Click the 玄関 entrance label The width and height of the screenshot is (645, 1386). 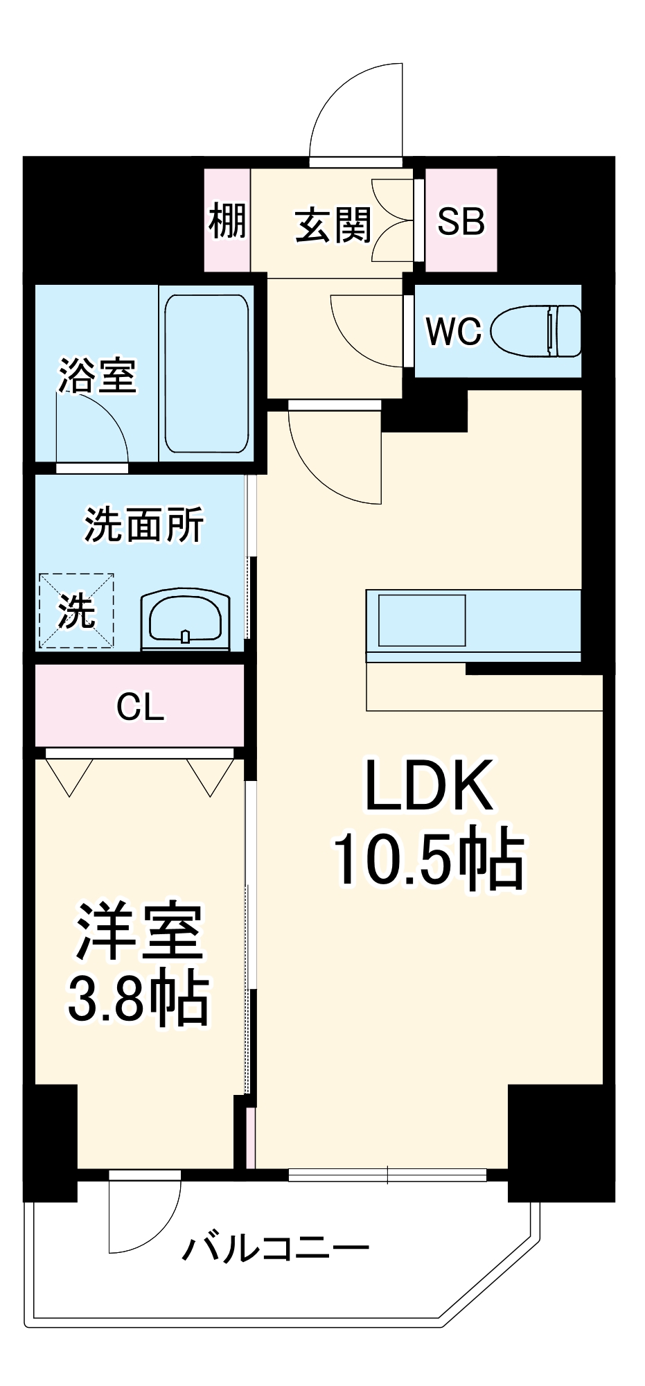pyautogui.click(x=333, y=225)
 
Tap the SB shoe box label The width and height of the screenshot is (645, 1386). pyautogui.click(x=461, y=221)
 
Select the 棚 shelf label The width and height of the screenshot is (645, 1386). pyautogui.click(x=228, y=221)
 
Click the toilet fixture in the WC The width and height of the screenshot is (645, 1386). pyautogui.click(x=538, y=331)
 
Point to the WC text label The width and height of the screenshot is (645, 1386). pyautogui.click(x=453, y=331)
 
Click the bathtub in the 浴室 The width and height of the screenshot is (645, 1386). pyautogui.click(x=206, y=374)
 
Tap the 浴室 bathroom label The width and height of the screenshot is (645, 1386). pyautogui.click(x=97, y=376)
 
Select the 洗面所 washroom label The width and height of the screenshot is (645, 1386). pyautogui.click(x=144, y=525)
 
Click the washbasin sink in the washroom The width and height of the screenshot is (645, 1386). pyautogui.click(x=185, y=619)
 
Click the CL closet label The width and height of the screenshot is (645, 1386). pyautogui.click(x=140, y=708)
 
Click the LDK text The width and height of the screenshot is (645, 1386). pyautogui.click(x=429, y=786)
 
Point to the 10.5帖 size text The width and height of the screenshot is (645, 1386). pyautogui.click(x=429, y=859)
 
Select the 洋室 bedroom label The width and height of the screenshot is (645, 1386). pyautogui.click(x=139, y=931)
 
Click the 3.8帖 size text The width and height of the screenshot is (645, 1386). pyautogui.click(x=139, y=1001)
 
